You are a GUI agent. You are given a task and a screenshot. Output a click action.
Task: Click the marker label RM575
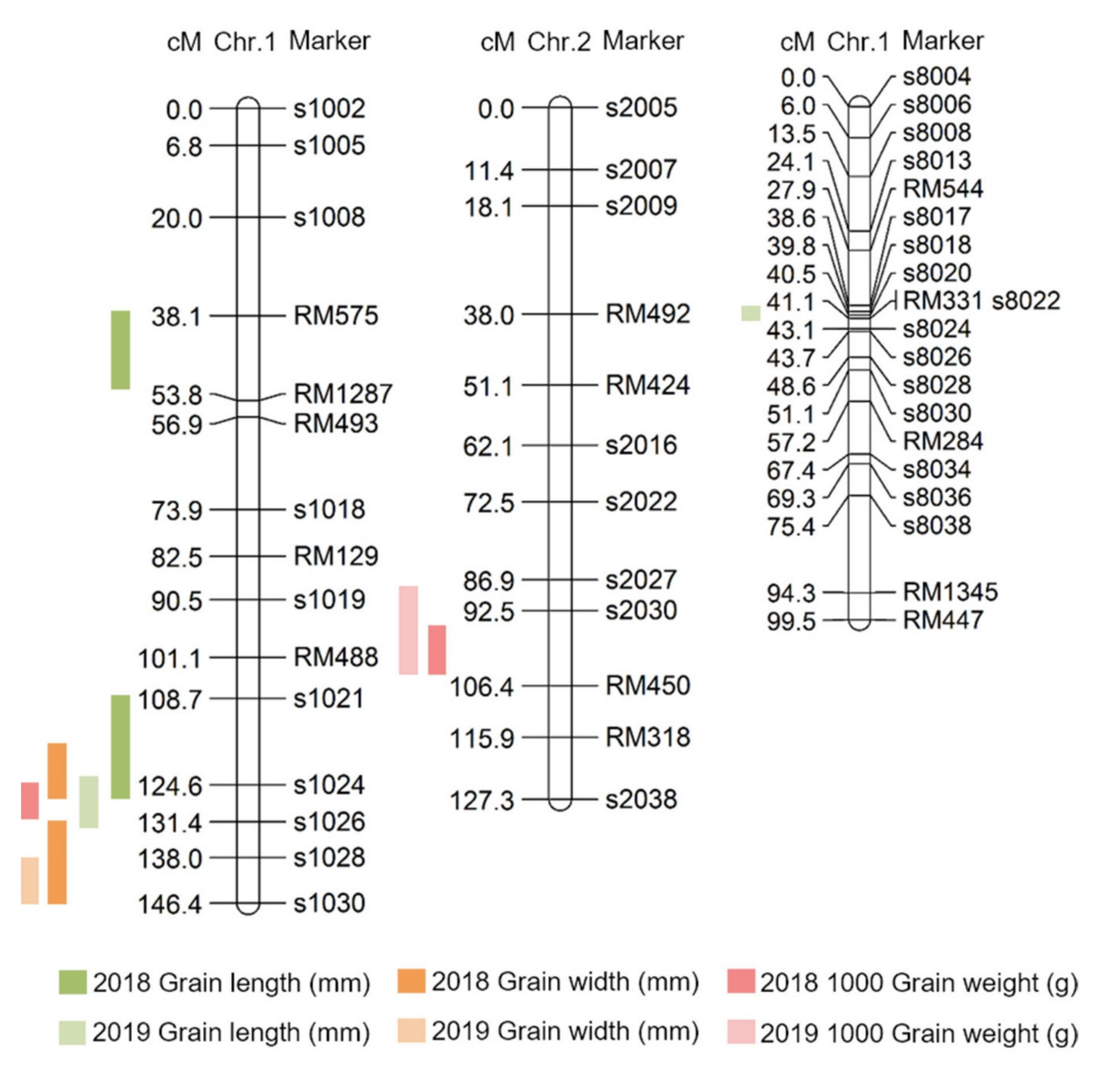[x=336, y=316]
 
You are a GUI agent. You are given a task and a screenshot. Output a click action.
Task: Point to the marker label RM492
[x=647, y=314]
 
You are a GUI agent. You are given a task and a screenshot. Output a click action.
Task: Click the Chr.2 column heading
[x=559, y=41]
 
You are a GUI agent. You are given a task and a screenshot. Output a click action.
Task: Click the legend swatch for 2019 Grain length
[x=72, y=1032]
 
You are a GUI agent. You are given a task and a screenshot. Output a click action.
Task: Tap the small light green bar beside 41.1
[x=751, y=313]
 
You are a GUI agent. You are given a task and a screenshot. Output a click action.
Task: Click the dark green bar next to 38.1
[x=121, y=350]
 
